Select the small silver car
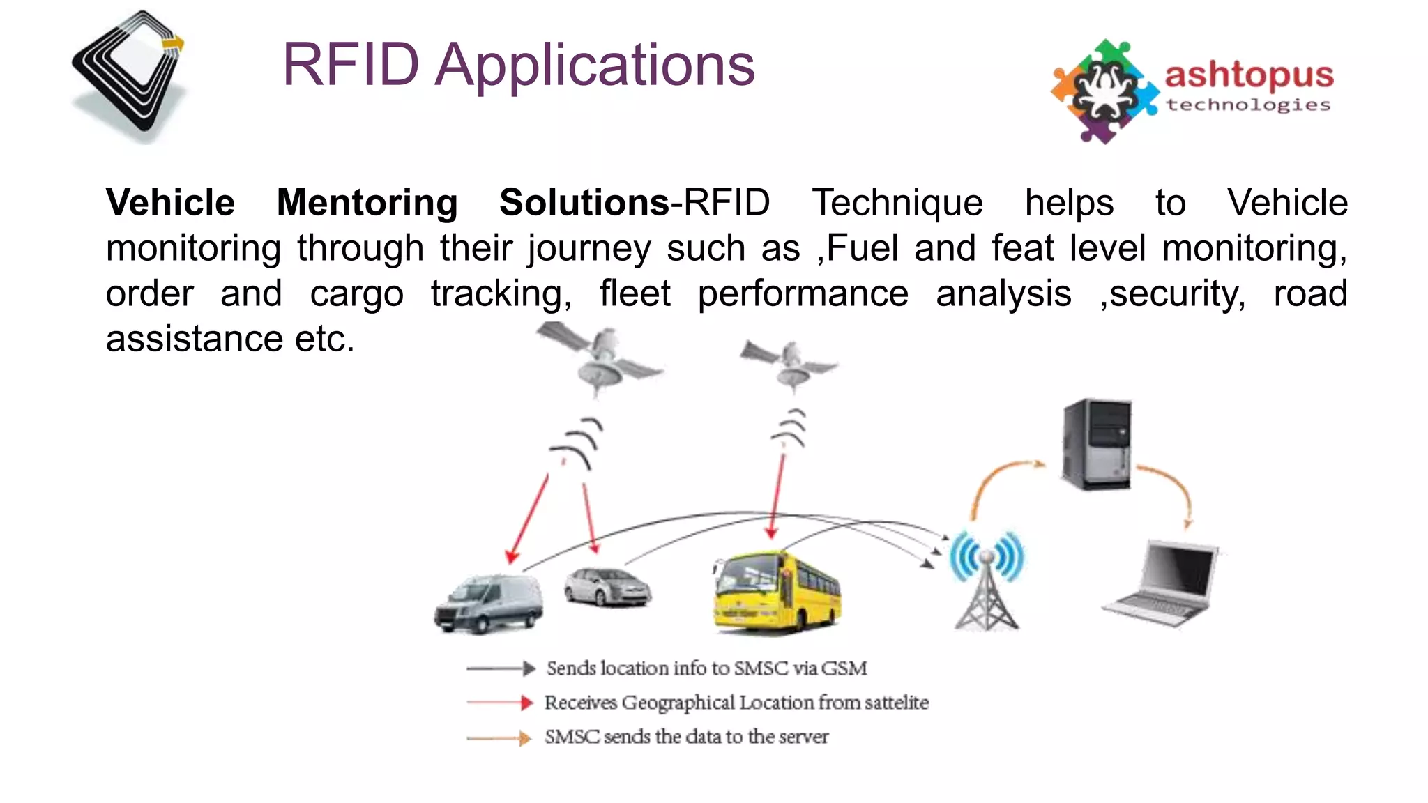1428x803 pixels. pos(607,587)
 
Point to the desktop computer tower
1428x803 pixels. pos(1095,444)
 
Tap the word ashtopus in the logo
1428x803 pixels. pos(1248,75)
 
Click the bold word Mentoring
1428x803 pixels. pos(367,203)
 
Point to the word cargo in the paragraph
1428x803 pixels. pos(356,293)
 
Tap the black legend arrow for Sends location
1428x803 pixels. pos(500,668)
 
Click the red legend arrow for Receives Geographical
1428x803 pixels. pos(500,703)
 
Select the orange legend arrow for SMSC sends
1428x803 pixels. pos(500,737)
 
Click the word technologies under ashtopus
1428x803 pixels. pos(1248,105)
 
